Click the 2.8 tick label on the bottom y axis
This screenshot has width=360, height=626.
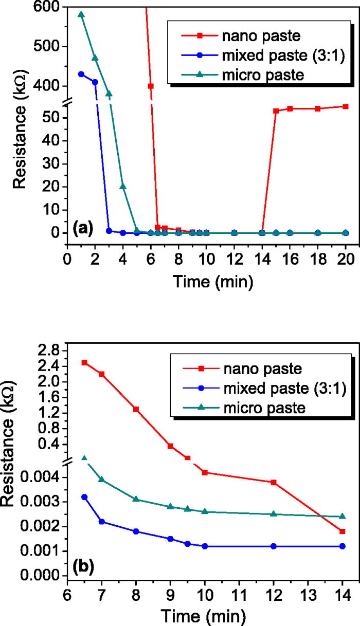47,351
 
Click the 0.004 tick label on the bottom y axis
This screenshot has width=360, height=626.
38,477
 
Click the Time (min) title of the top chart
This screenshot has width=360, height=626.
205,281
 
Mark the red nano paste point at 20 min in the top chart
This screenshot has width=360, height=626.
346,106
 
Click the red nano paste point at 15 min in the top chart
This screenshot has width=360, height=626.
276,111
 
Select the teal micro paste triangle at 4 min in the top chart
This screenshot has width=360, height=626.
123,186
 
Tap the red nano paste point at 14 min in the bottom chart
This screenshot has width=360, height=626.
343,531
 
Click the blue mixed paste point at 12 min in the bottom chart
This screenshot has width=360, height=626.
274,546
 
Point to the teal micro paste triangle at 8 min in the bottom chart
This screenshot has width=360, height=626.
136,499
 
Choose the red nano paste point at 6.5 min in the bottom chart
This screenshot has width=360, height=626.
84,362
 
